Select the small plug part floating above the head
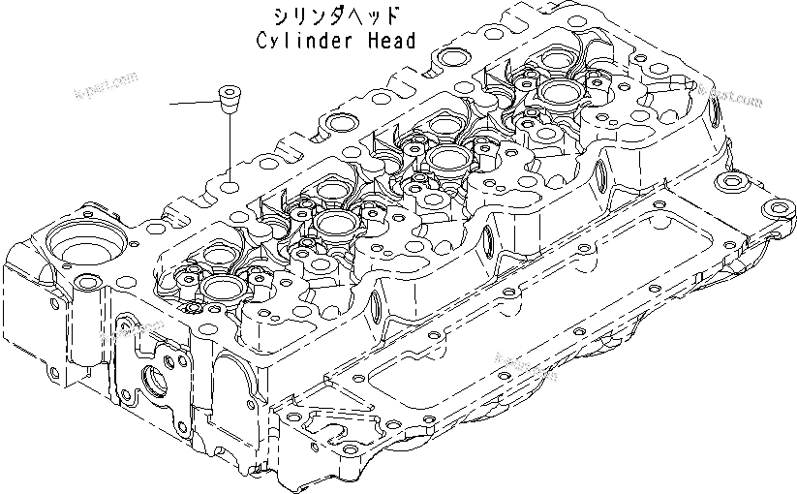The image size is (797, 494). click(x=230, y=99)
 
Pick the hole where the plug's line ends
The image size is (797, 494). click(x=230, y=185)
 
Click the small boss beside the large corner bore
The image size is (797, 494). click(x=88, y=283)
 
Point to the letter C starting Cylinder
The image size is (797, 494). click(x=262, y=41)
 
